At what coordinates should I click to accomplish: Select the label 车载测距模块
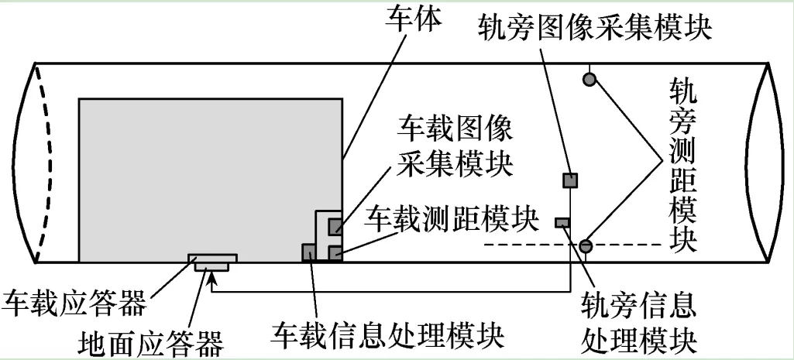[x=452, y=219]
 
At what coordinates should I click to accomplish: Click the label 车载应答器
[x=74, y=303]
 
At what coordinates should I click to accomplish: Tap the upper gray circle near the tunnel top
[x=590, y=78]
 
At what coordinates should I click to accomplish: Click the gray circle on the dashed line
[x=586, y=245]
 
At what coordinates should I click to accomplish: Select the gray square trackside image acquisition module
[x=570, y=180]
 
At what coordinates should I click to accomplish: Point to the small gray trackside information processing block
[x=562, y=223]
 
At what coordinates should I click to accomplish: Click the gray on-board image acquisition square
[x=335, y=227]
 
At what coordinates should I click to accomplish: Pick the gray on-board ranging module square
[x=335, y=252]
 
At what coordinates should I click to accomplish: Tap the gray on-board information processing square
[x=308, y=252]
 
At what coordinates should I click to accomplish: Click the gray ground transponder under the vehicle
[x=211, y=266]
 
